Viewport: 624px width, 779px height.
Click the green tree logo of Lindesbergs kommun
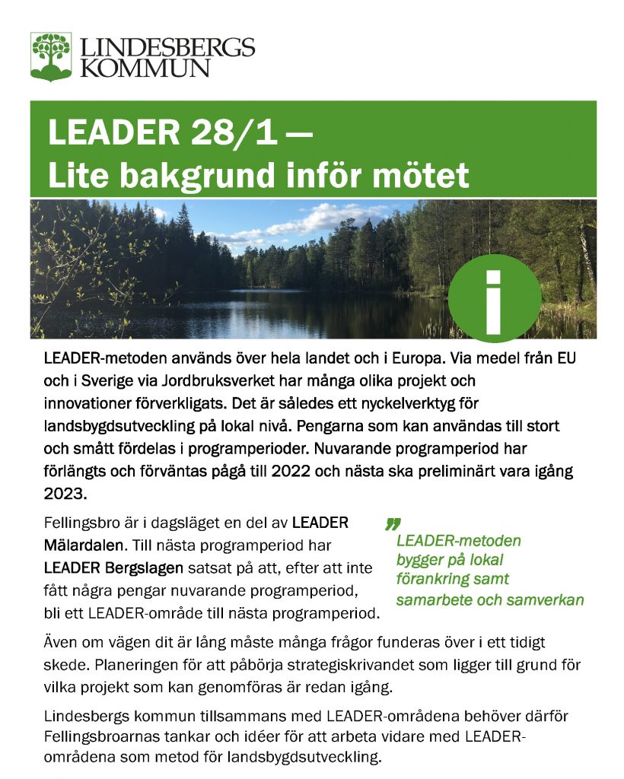point(51,56)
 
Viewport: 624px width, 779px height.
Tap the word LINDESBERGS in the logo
point(167,48)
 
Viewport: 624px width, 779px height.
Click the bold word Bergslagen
point(141,568)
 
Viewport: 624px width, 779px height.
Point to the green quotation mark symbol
point(393,523)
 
